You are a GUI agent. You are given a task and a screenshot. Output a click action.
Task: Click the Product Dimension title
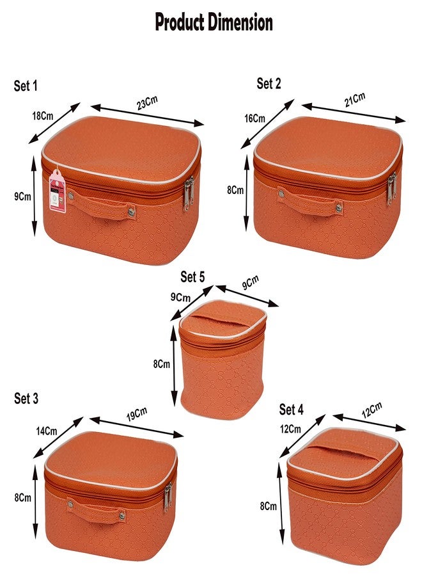pos(214,22)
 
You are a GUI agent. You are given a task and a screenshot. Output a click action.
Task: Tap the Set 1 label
pos(26,86)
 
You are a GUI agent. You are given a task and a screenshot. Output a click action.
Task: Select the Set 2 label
pos(269,83)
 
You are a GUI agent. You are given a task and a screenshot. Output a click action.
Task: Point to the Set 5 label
pos(192,276)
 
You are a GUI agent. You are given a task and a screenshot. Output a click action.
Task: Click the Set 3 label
pos(26,398)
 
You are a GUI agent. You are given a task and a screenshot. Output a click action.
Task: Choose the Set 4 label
pos(292,409)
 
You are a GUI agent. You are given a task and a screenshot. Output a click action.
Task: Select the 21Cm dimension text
pos(354,100)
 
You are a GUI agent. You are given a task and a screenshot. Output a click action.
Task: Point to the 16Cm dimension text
pos(254,118)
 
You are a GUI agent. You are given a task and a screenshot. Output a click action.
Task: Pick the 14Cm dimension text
pos(45,431)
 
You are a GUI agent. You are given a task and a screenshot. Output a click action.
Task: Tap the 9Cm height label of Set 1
pos(22,197)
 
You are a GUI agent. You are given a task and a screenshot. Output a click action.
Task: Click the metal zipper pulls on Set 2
pos(391,188)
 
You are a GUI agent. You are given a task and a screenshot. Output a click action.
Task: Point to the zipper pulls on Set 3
pos(168,498)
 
